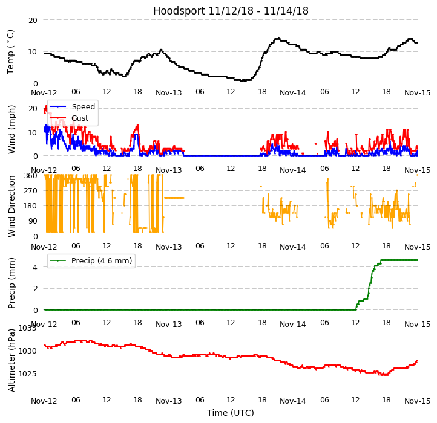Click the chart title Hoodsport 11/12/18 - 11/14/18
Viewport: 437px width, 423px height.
pos(231,11)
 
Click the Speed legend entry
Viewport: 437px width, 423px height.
pos(83,107)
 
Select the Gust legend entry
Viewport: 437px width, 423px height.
pos(79,118)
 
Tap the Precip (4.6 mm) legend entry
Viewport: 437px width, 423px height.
pos(97,261)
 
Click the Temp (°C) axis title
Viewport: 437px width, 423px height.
pos(11,51)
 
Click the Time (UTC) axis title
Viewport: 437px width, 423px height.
pos(231,413)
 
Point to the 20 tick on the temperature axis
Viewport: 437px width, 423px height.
pos(33,20)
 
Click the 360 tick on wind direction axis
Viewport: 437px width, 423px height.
pos(30,176)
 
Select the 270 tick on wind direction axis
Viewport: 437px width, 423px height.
pos(30,191)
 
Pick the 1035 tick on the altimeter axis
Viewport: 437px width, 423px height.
pos(28,328)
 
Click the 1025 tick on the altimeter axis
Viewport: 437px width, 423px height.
pos(28,373)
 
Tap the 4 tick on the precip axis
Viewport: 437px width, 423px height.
pos(35,267)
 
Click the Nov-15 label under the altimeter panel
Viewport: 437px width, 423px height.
pos(418,401)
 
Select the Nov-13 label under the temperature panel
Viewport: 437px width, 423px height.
pos(169,92)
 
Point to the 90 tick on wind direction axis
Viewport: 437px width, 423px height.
pos(33,221)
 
